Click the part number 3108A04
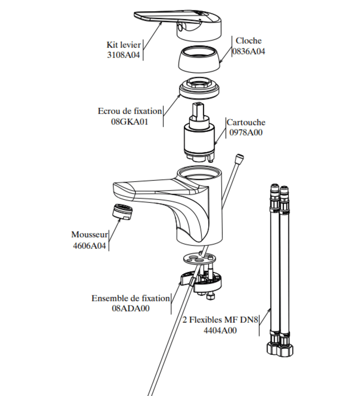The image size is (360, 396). (x=123, y=55)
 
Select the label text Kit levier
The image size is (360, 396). (x=124, y=45)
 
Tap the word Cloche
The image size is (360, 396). (x=249, y=41)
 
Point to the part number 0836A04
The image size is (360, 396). (x=249, y=51)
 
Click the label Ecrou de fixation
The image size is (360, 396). (x=130, y=111)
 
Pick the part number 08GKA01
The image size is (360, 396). (x=130, y=122)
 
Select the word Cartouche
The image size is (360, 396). (x=246, y=122)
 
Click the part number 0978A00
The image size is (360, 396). (x=246, y=132)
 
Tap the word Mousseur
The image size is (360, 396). (x=90, y=235)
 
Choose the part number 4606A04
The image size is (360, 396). (x=90, y=246)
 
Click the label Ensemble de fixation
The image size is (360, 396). (x=131, y=298)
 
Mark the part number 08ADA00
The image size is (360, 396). (x=131, y=308)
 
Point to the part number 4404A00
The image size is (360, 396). (x=220, y=330)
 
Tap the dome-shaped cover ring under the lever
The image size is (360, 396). (x=199, y=58)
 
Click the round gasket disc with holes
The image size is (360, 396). (x=200, y=259)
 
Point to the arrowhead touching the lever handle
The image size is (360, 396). (x=160, y=23)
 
